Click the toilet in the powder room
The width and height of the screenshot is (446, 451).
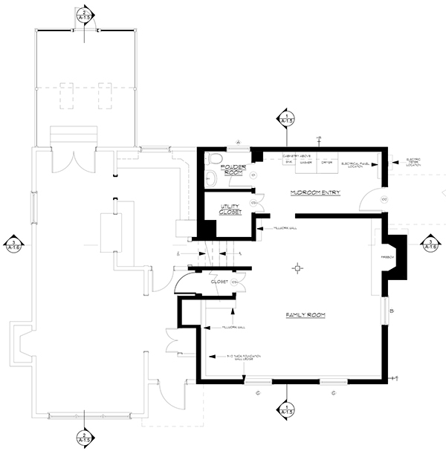[216, 158]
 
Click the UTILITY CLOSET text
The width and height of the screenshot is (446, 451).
[230, 210]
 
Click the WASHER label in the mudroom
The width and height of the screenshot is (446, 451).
[305, 162]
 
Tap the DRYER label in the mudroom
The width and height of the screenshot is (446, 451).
[326, 162]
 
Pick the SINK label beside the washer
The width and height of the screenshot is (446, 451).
[289, 162]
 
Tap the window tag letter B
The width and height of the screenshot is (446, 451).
[390, 311]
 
